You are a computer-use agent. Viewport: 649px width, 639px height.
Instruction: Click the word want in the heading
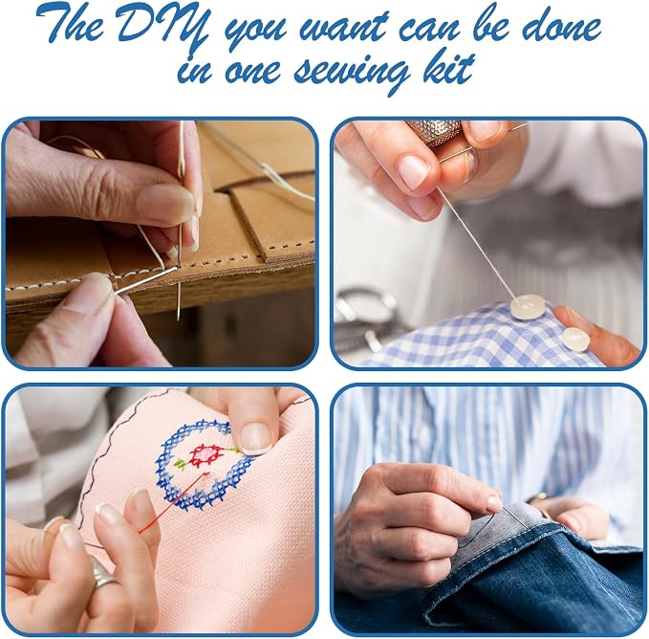click(344, 28)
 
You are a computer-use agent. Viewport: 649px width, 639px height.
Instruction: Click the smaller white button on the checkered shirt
click(574, 340)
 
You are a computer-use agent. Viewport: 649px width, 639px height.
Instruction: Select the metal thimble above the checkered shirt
click(434, 133)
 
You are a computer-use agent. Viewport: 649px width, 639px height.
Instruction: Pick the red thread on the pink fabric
click(173, 503)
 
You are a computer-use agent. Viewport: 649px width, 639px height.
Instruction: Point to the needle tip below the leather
click(179, 318)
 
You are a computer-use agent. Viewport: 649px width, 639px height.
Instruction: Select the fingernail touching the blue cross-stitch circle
click(255, 438)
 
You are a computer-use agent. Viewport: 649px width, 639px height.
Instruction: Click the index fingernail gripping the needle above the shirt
click(413, 171)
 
